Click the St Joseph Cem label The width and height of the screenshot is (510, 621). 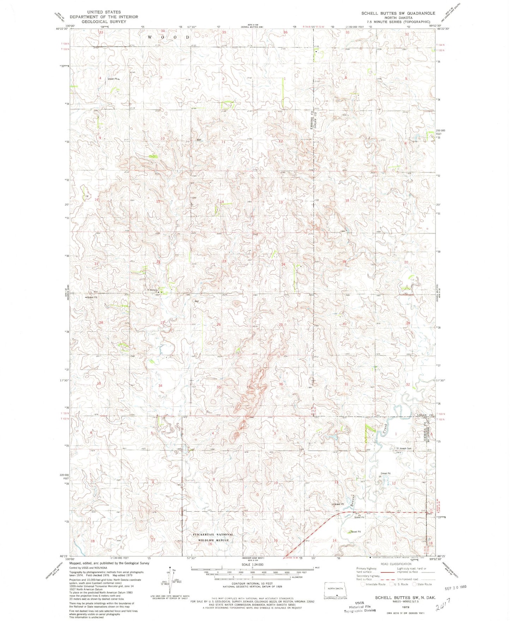pos(404,448)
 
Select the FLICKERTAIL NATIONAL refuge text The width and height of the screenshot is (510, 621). pos(213,535)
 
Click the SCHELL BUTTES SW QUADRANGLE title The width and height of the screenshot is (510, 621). pos(398,13)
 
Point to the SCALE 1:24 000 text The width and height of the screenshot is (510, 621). pos(252,565)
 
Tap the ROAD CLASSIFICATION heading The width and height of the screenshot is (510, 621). pos(396,564)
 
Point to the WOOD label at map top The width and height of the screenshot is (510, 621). pos(169,37)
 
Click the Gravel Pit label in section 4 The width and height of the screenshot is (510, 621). pos(113,79)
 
